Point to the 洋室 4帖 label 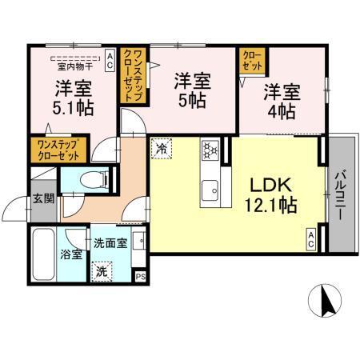[283, 100]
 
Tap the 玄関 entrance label [43, 198]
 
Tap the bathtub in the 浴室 [43, 253]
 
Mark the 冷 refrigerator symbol [162, 148]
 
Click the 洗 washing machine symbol [102, 270]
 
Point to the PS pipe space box [141, 276]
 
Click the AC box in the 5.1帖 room [110, 56]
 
